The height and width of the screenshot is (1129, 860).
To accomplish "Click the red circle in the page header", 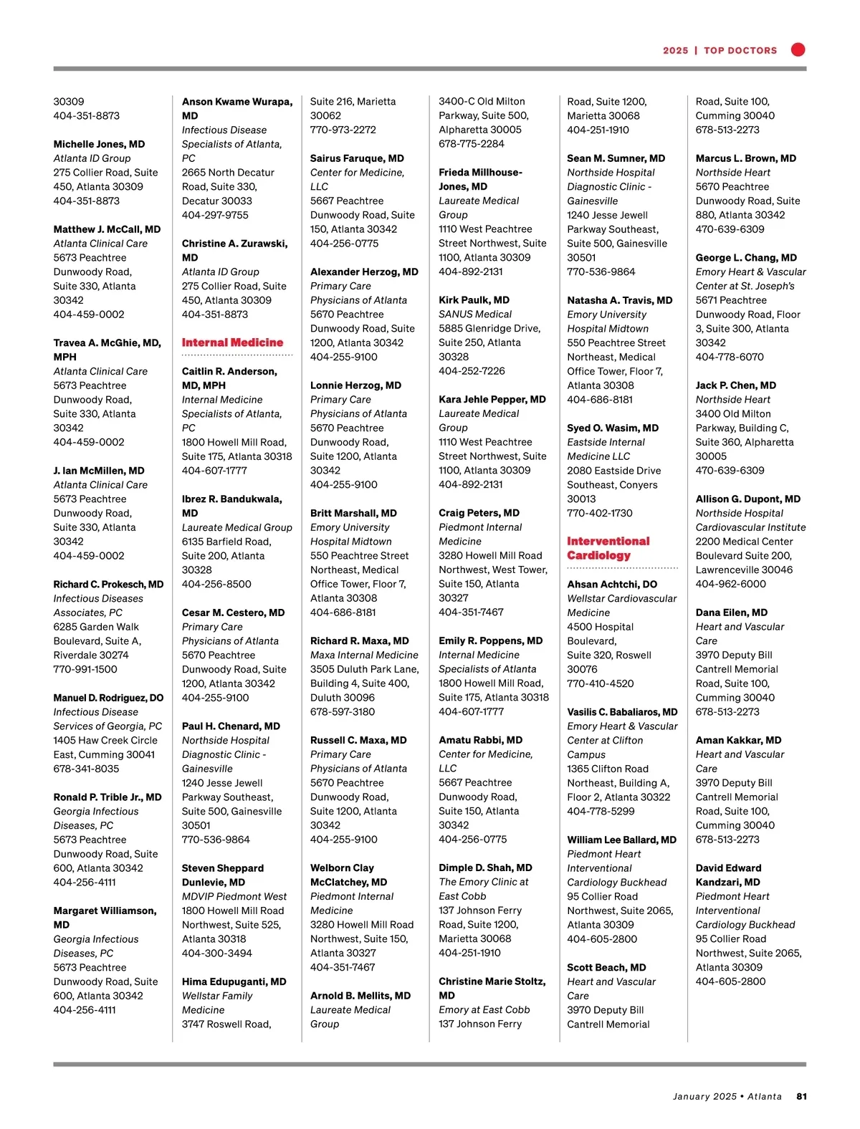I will pos(798,49).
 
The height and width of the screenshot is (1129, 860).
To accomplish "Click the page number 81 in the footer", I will pos(802,1096).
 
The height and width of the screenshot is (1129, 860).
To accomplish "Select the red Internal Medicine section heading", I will pos(232,342).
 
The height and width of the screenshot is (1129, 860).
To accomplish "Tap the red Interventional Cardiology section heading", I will pos(608,548).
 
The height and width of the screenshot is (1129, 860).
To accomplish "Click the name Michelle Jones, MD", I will pos(99,144).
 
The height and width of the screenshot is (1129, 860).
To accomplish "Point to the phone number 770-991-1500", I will pos(85,669).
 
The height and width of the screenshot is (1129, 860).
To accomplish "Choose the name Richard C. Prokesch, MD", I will pos(108,584).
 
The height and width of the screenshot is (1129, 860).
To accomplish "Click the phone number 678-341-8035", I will pos(86,769).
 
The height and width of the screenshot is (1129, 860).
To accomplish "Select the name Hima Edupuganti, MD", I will pos(234,981).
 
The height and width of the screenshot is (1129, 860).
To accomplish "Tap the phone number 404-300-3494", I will pos(216,953).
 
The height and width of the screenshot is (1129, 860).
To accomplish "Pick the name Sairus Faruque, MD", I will pos(357,158).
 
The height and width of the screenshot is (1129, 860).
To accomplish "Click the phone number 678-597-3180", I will pos(343,711).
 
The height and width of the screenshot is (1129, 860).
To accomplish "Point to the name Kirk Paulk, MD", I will pos(474,300).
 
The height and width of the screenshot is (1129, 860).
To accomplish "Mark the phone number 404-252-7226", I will pos(472,371).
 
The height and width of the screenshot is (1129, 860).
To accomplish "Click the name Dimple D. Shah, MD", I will pos(485,868).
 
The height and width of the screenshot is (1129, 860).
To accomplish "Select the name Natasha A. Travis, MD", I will pos(619,300).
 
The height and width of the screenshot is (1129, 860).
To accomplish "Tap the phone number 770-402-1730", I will pos(600,513).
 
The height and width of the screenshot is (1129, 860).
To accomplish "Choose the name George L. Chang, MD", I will pos(746,257).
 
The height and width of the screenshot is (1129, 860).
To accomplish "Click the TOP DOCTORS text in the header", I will pos(740,51).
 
